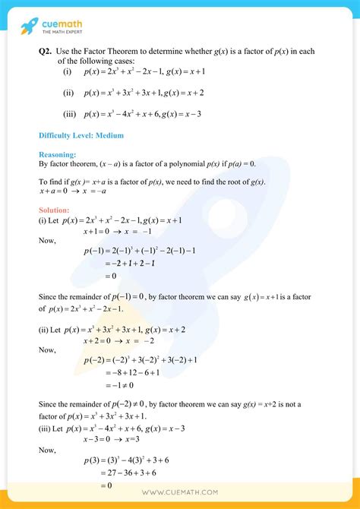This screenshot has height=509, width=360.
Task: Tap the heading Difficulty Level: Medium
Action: pos(81,136)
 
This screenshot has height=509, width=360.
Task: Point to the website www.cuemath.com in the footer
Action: pos(179,494)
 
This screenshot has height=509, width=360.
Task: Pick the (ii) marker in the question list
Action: pos(69,93)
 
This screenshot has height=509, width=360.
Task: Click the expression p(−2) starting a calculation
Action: pos(96,359)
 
